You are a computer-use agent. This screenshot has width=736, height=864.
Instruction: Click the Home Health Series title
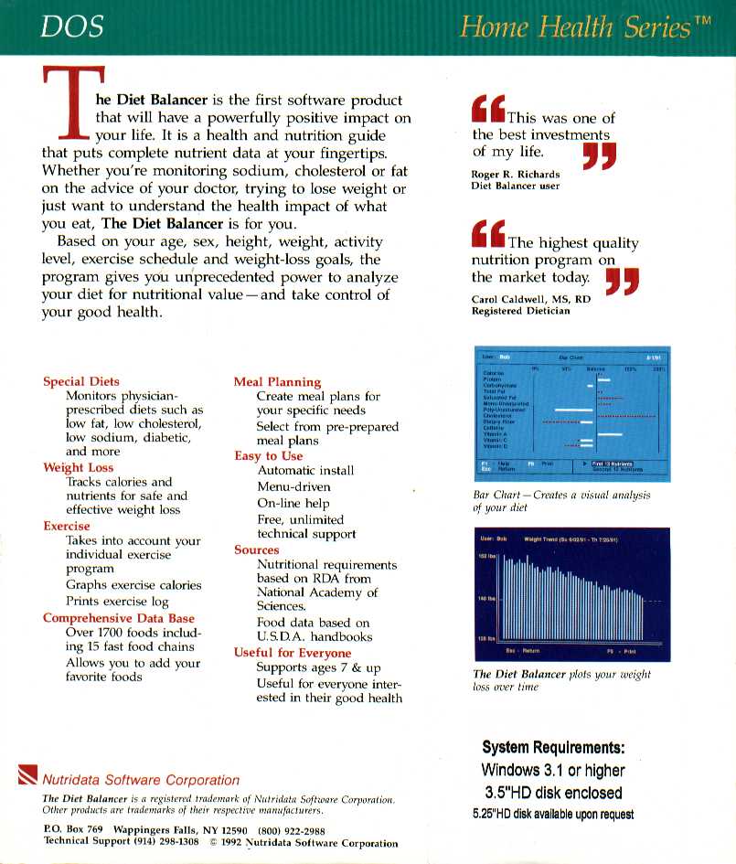(585, 27)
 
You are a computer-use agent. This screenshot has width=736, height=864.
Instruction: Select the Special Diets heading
(81, 381)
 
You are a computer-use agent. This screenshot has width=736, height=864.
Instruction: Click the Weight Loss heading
(79, 467)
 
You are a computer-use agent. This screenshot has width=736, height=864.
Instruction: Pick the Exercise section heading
(67, 526)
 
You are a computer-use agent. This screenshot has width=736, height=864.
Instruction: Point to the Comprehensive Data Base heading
(119, 618)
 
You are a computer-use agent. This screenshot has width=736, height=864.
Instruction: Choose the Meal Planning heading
(277, 382)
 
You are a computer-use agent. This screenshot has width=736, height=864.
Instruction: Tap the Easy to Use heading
(268, 455)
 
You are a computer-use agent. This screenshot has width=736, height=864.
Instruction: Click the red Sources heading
(257, 550)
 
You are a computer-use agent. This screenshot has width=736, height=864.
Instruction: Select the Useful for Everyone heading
(293, 653)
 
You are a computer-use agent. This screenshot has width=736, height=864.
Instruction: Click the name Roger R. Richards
(516, 174)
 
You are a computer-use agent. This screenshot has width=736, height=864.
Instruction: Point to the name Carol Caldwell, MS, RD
(531, 299)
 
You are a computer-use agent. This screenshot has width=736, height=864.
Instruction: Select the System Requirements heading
(553, 747)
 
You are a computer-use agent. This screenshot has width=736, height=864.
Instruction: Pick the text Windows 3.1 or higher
(553, 770)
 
